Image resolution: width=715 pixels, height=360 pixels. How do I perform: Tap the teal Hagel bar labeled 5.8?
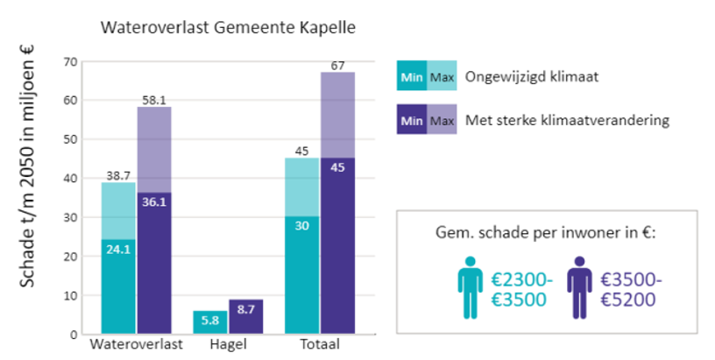coord(209,322)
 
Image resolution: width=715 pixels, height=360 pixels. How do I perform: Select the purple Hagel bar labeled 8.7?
coord(246,316)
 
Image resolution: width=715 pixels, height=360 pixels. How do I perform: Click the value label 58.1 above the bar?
coord(154,101)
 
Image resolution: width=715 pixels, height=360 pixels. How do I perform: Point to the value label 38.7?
coord(118,176)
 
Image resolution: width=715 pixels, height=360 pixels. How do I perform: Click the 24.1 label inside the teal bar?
coord(118,248)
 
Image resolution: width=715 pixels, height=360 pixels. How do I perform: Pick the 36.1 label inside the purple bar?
coord(154,201)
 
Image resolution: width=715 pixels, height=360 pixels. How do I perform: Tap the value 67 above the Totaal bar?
coord(337,66)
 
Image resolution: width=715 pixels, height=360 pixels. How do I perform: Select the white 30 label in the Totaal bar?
coord(302,224)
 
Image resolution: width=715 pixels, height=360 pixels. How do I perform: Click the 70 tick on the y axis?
coord(71,61)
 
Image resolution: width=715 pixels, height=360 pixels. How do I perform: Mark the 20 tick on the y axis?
coord(71,257)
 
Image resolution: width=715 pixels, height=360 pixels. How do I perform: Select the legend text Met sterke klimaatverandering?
coord(568,119)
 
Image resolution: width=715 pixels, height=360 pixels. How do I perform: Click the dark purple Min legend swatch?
coord(412,119)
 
